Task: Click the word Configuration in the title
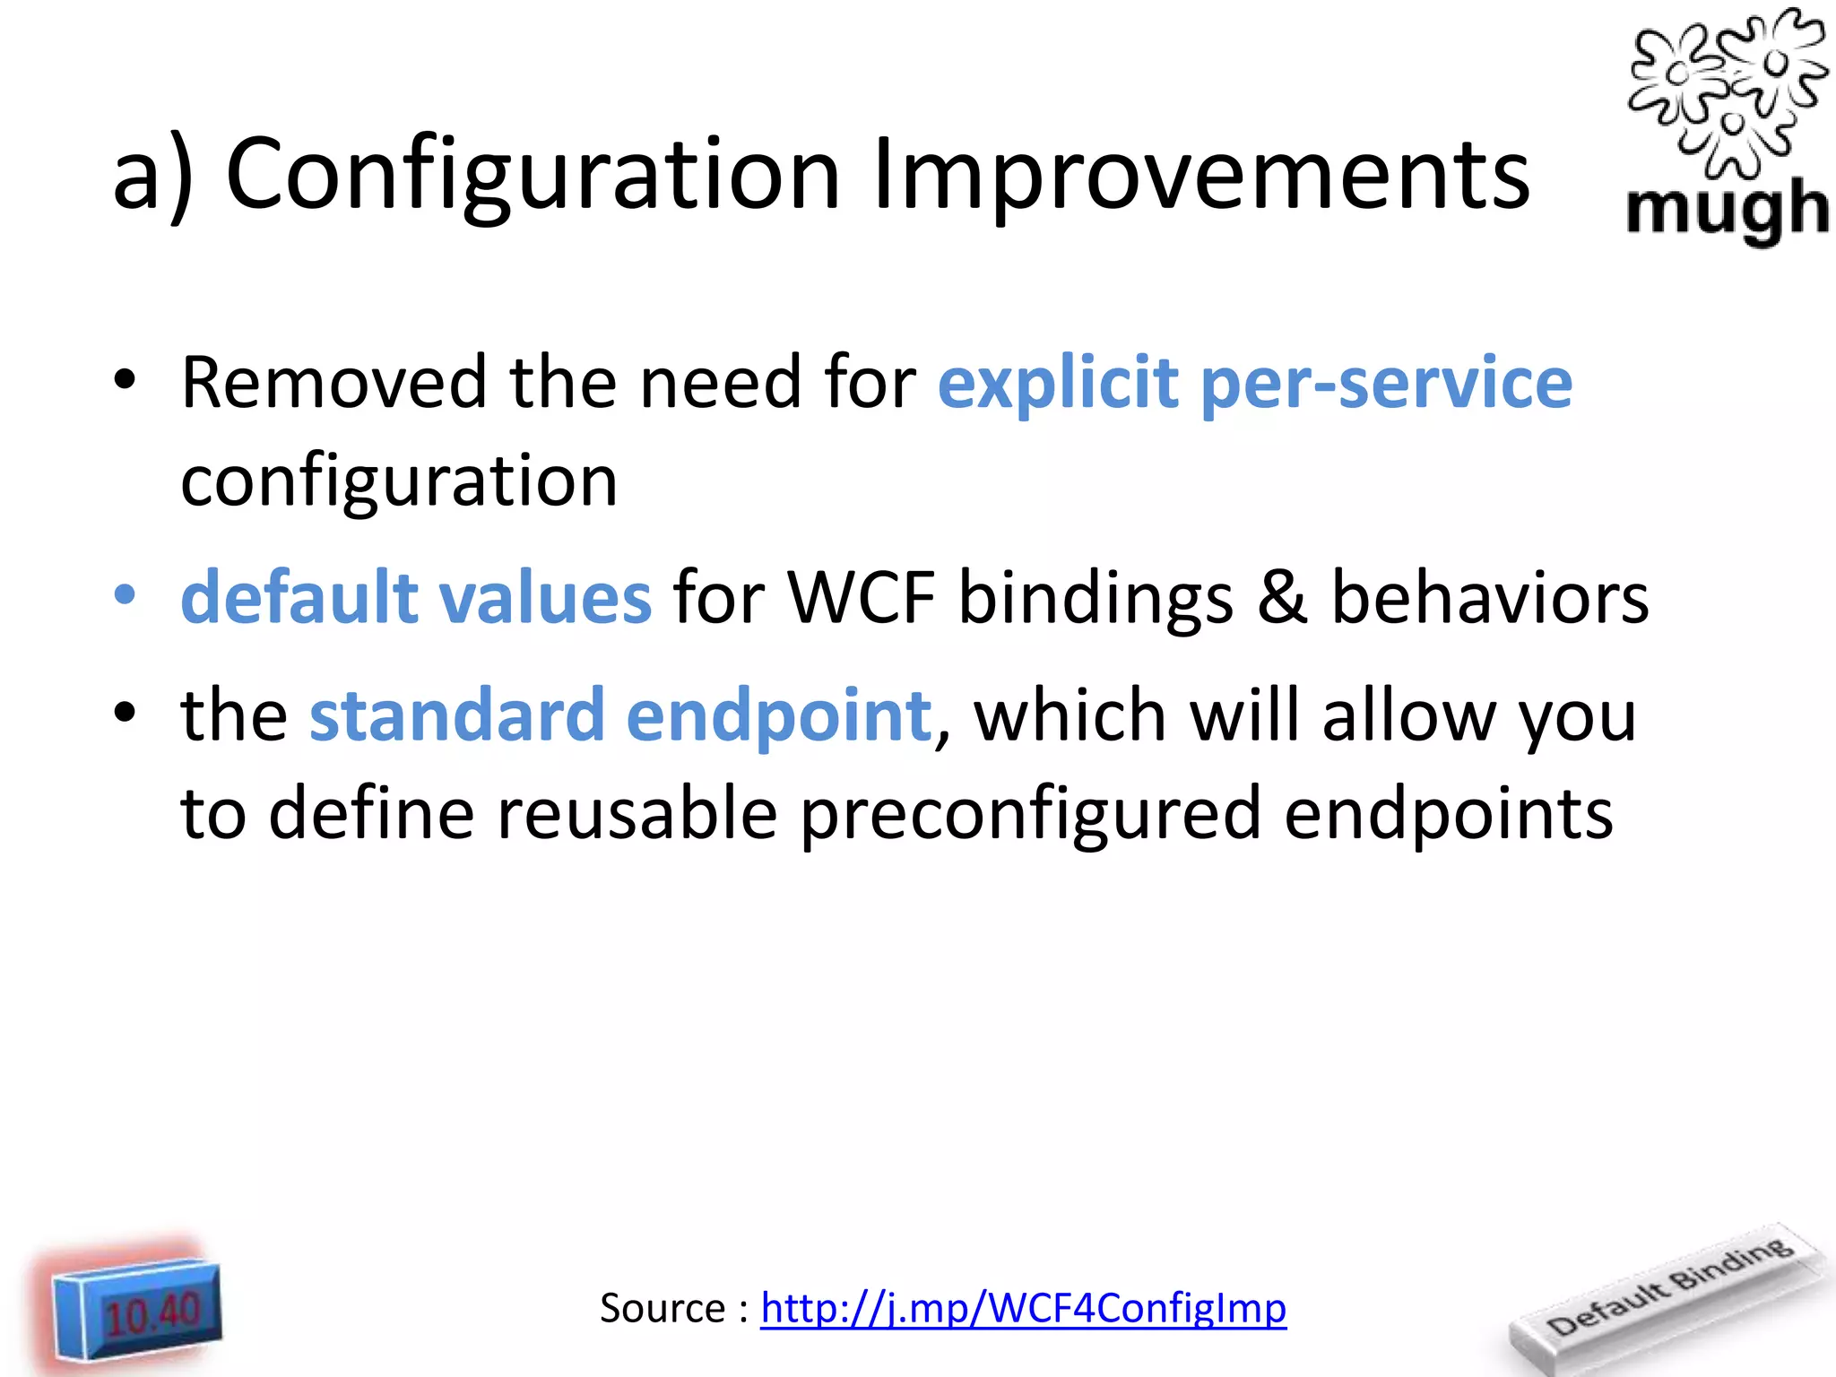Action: pos(533,176)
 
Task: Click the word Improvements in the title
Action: pos(1201,176)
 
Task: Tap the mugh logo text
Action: pos(1727,210)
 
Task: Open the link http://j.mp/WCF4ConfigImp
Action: pos(1023,1308)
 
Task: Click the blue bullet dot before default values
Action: pos(126,595)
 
